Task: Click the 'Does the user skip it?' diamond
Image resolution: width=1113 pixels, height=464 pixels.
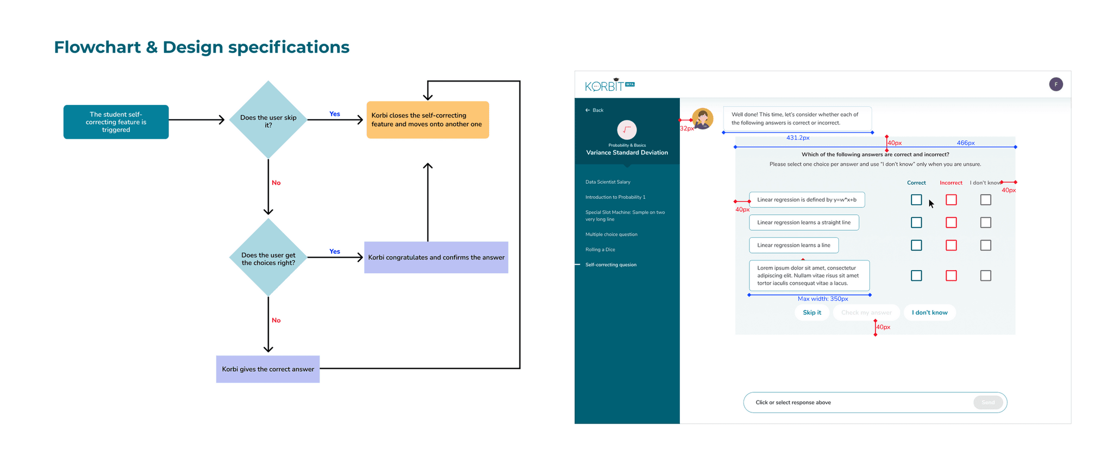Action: tap(268, 120)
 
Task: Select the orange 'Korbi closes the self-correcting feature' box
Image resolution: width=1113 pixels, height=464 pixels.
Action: tap(428, 120)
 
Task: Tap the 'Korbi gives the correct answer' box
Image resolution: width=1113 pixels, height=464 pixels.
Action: tap(268, 369)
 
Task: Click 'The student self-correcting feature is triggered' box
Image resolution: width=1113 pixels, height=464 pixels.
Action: tap(116, 122)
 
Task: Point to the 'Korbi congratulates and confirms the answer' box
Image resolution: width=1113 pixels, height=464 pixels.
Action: tap(436, 257)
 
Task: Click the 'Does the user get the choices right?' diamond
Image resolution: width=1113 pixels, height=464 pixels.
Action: tap(268, 258)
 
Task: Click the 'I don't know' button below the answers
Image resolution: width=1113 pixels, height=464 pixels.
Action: tap(929, 312)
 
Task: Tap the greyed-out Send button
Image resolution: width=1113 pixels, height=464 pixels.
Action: tap(988, 403)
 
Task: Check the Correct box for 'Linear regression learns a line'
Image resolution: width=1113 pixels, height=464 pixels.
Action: tap(916, 245)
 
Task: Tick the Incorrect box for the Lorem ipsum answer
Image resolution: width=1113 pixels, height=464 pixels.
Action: tap(951, 275)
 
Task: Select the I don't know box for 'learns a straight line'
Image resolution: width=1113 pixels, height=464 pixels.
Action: tap(986, 222)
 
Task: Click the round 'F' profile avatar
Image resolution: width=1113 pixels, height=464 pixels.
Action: tap(1056, 84)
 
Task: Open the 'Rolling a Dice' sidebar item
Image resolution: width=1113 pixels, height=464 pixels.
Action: tap(600, 249)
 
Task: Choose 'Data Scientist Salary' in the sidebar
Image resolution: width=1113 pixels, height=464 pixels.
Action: tap(608, 182)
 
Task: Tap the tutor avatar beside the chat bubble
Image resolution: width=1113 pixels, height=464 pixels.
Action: tap(703, 118)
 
